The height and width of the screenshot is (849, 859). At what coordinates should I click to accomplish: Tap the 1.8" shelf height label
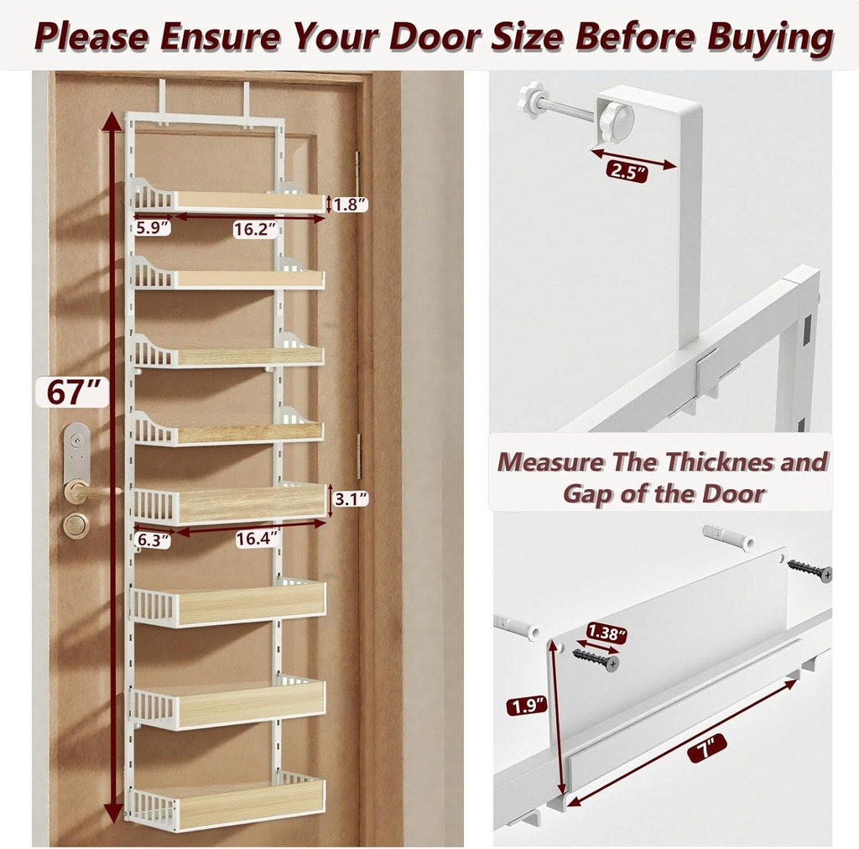click(x=349, y=204)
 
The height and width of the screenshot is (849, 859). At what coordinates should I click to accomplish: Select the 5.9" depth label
click(x=152, y=227)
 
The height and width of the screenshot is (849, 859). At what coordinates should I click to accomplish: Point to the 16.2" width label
click(x=255, y=229)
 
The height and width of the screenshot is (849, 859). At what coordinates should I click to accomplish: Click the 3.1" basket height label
click(x=350, y=500)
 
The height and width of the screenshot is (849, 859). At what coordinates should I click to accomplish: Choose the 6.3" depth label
click(x=152, y=541)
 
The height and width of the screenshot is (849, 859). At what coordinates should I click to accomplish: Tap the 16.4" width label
click(x=257, y=539)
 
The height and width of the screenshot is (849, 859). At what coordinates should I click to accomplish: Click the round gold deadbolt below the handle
click(x=75, y=525)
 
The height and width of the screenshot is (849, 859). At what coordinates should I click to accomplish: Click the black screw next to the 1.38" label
click(x=596, y=659)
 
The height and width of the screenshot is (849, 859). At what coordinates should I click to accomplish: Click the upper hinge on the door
click(x=358, y=164)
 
